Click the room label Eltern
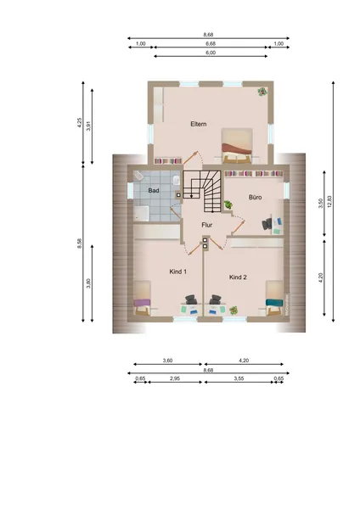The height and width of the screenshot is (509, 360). pyautogui.click(x=198, y=124)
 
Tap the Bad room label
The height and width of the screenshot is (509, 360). pyautogui.click(x=154, y=190)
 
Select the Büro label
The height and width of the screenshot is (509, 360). pyautogui.click(x=255, y=197)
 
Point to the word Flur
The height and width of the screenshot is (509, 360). pyautogui.click(x=207, y=225)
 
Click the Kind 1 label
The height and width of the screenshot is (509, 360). pyautogui.click(x=177, y=271)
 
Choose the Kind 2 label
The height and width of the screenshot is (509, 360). pyautogui.click(x=238, y=277)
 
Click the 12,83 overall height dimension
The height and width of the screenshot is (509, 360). pyautogui.click(x=329, y=201)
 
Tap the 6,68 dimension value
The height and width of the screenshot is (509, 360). pyautogui.click(x=211, y=43)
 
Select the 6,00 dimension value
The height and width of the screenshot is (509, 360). pyautogui.click(x=211, y=53)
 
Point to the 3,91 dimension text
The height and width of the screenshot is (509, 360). pyautogui.click(x=88, y=126)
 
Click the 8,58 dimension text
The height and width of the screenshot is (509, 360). pyautogui.click(x=79, y=243)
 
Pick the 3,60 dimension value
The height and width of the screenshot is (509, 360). pyautogui.click(x=167, y=361)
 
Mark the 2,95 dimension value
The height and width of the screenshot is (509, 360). pyautogui.click(x=175, y=378)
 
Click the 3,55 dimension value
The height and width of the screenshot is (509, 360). pyautogui.click(x=239, y=378)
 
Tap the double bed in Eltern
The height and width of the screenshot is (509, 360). pyautogui.click(x=237, y=145)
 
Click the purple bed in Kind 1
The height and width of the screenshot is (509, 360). pyautogui.click(x=143, y=298)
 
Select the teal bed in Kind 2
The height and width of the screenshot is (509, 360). pyautogui.click(x=274, y=298)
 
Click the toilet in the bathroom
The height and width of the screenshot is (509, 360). pyautogui.click(x=138, y=176)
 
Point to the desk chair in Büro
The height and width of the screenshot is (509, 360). pyautogui.click(x=267, y=224)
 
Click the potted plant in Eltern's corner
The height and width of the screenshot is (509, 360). pyautogui.click(x=262, y=92)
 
